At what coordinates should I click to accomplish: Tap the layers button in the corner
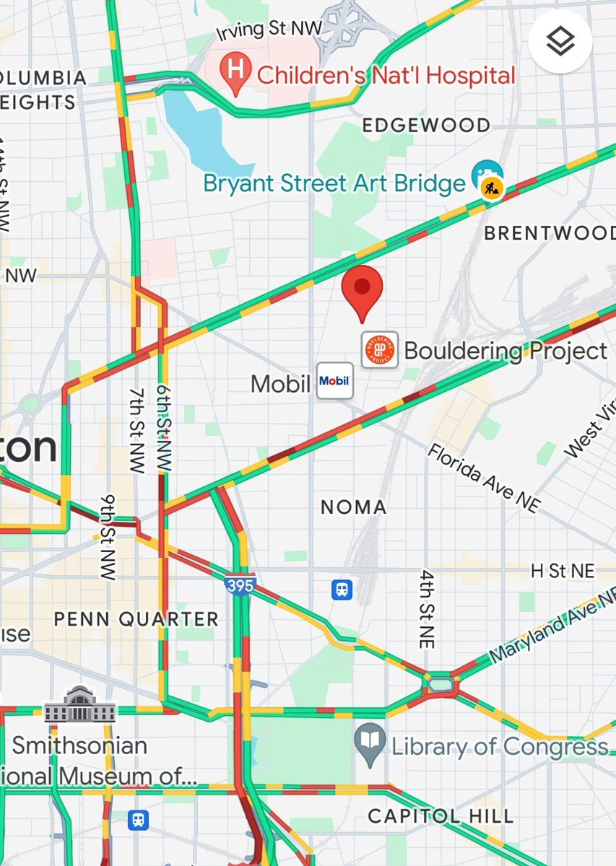560,42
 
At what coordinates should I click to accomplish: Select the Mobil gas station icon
335,381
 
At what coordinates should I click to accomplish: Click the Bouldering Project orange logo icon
380,350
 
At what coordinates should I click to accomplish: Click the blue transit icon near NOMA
342,590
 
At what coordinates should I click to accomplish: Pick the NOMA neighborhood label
353,507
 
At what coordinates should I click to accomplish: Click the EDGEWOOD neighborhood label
425,126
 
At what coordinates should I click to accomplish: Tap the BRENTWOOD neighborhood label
550,233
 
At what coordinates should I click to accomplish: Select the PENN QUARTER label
136,619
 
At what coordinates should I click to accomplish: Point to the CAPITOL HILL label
441,816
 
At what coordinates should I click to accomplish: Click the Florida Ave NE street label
483,478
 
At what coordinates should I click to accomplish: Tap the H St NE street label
563,572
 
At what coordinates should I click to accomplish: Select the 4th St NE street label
427,608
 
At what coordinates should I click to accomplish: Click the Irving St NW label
269,31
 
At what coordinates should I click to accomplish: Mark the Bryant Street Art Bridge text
334,183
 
